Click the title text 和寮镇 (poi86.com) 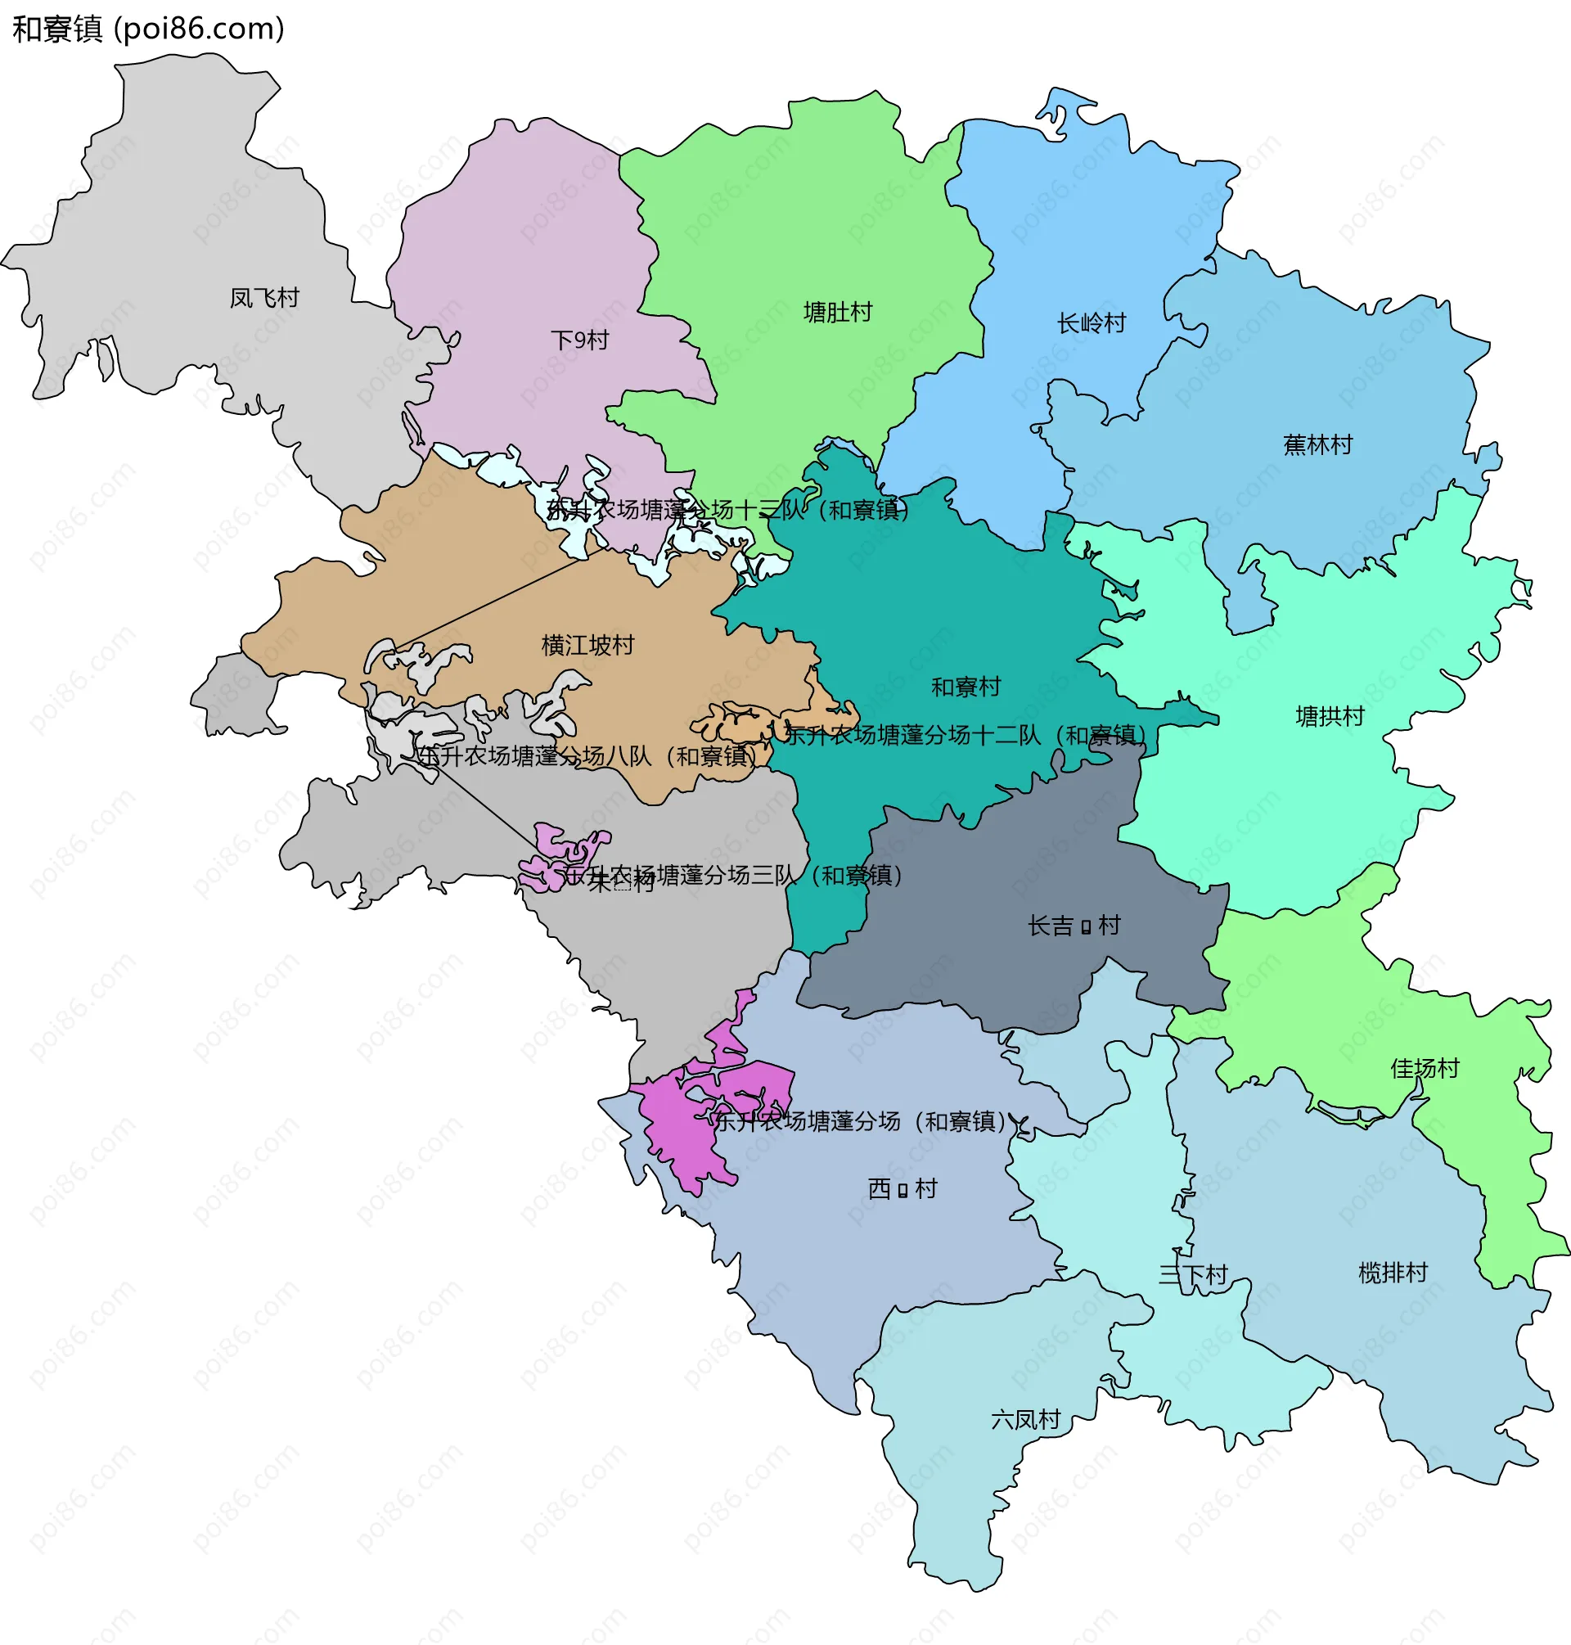point(148,29)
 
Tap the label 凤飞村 point(264,297)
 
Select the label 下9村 point(579,340)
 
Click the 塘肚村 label point(837,313)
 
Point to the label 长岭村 point(1092,322)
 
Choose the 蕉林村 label point(1318,444)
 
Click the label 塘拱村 point(1330,716)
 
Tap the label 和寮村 point(966,687)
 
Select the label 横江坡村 point(587,645)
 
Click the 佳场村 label point(1425,1068)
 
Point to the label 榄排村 point(1393,1273)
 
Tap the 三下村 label point(1193,1275)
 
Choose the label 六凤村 point(1026,1419)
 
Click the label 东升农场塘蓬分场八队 point(586,756)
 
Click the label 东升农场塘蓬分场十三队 point(727,509)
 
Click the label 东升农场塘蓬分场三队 point(734,875)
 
